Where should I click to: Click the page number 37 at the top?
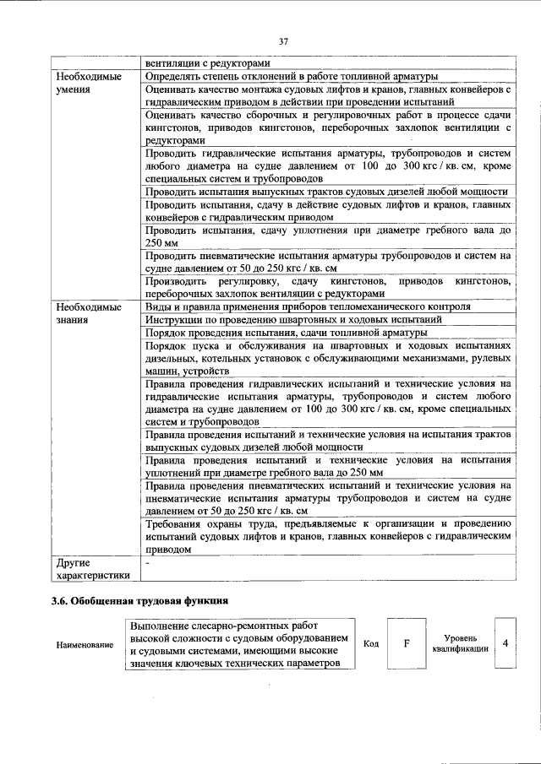pyautogui.click(x=283, y=41)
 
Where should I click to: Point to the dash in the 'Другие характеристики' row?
pyautogui.click(x=147, y=561)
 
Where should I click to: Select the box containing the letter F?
pyautogui.click(x=407, y=644)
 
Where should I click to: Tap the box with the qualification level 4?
pyautogui.click(x=505, y=644)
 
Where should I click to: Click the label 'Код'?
pyautogui.click(x=369, y=644)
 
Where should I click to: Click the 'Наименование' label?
pyautogui.click(x=85, y=645)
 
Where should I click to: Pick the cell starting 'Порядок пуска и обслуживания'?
pyautogui.click(x=328, y=359)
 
